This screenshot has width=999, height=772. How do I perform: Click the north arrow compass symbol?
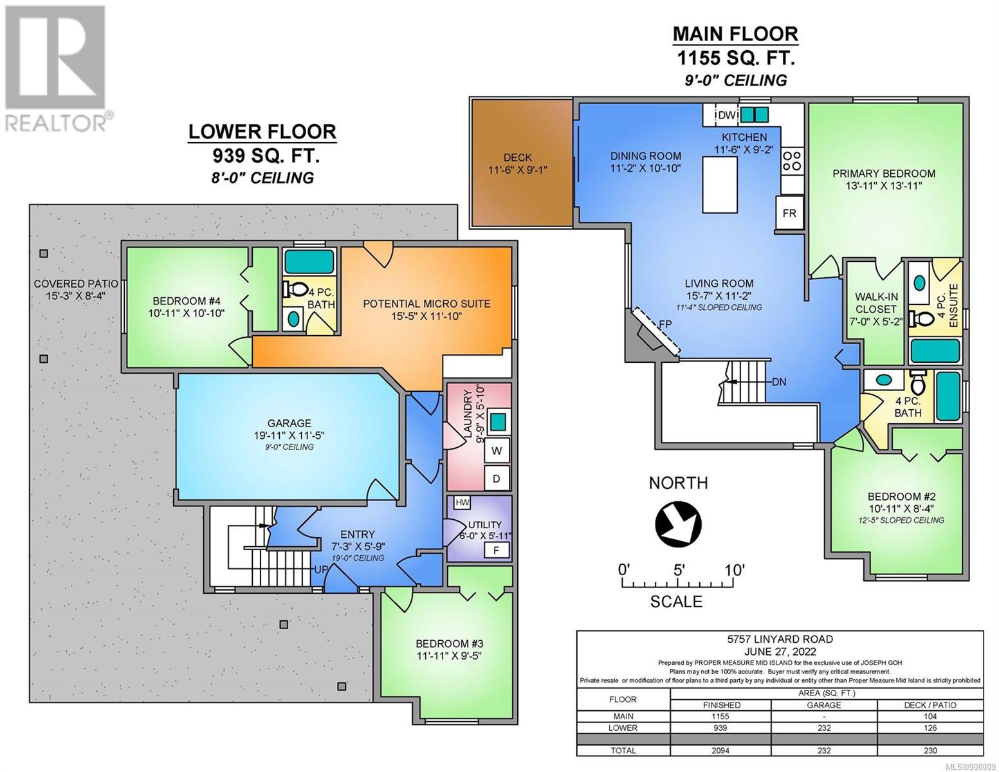tap(678, 524)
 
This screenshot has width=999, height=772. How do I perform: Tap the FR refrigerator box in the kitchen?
tap(789, 213)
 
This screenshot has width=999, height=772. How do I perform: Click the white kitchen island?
tap(720, 185)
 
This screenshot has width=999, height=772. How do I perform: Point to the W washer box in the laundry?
tap(497, 450)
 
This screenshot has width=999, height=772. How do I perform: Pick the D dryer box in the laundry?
tap(497, 478)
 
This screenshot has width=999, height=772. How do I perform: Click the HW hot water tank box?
tap(462, 502)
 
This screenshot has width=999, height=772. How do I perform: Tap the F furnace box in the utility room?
tap(496, 550)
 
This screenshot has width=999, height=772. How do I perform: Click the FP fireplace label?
tap(665, 324)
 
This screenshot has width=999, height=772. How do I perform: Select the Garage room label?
tap(289, 423)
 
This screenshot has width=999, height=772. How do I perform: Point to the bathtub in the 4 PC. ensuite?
tap(935, 351)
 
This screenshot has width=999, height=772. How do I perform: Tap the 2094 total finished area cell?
tap(721, 750)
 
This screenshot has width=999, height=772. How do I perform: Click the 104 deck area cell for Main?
tap(930, 717)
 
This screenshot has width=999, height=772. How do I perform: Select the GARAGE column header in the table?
tap(824, 705)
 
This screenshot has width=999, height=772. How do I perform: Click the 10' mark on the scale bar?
tap(734, 570)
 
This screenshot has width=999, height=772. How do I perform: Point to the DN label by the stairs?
tap(779, 381)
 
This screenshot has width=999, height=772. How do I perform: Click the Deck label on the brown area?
tap(518, 158)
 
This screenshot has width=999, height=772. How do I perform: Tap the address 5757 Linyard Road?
tap(780, 639)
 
